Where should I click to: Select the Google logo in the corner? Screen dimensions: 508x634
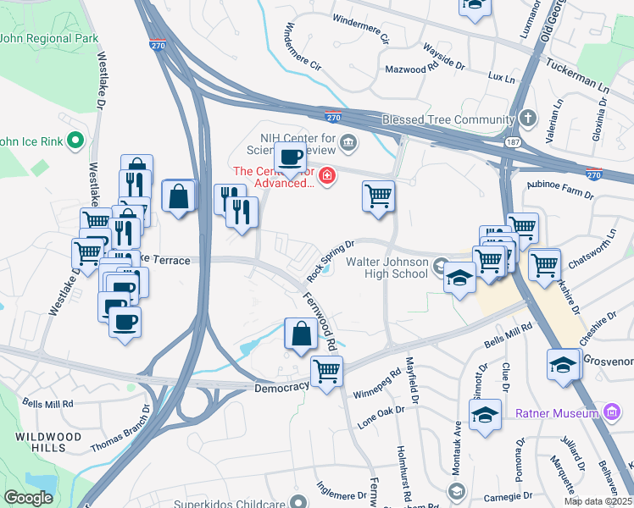point(28,498)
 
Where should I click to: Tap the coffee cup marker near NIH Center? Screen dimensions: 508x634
point(291,158)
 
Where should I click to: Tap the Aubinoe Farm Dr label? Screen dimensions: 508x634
point(561,193)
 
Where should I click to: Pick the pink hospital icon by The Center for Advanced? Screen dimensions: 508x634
point(326,176)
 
